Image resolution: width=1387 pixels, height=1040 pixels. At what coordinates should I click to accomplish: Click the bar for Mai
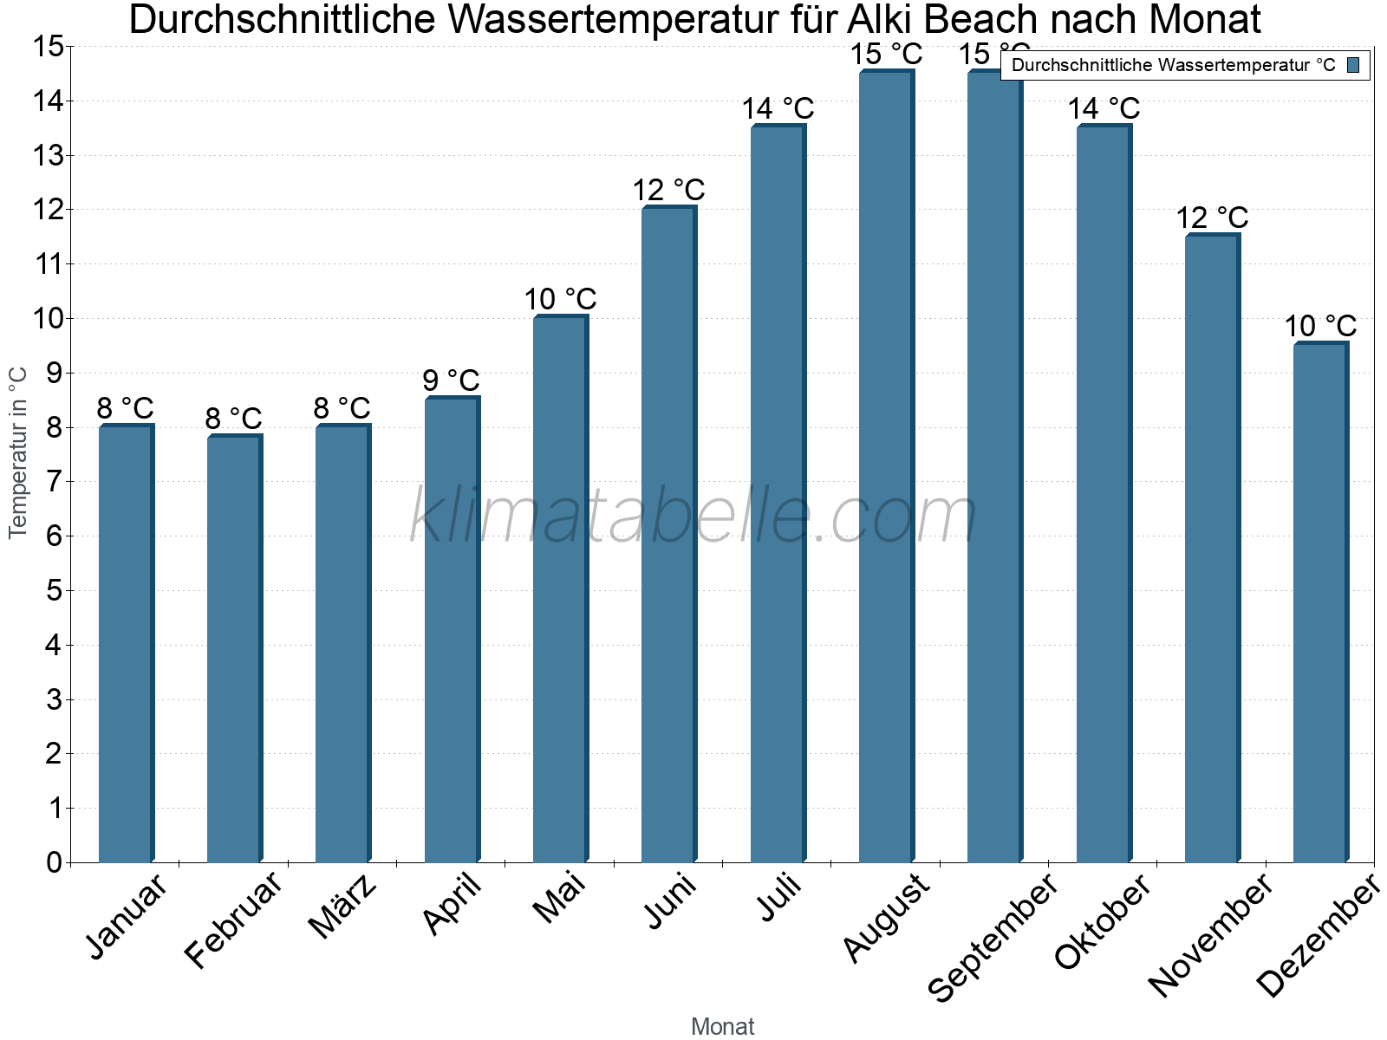[x=560, y=589]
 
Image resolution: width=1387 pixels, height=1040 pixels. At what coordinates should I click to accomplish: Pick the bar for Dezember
[x=1320, y=602]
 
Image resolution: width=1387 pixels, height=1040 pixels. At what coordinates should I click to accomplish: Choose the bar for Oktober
[x=1104, y=494]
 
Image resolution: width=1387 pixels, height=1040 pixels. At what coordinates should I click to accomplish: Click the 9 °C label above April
[x=451, y=380]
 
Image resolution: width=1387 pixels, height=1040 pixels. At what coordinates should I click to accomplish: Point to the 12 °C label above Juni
[x=668, y=190]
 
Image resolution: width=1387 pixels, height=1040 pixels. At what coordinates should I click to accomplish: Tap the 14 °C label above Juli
[x=778, y=109]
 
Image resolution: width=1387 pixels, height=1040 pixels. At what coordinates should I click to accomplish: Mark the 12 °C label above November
[x=1212, y=218]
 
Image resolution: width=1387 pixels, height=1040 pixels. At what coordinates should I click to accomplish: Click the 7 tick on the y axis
[x=54, y=482]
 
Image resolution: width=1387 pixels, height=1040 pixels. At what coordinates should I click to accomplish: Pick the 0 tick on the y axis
[x=54, y=862]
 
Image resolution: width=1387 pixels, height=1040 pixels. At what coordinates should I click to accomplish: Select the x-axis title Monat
[x=722, y=1027]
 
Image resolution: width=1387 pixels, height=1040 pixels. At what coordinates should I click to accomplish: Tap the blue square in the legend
[x=1354, y=65]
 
